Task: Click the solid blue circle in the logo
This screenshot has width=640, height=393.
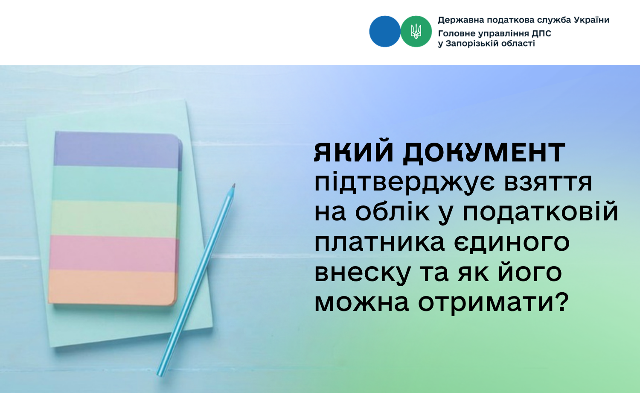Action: point(384,32)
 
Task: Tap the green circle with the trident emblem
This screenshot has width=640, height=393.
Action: point(416,32)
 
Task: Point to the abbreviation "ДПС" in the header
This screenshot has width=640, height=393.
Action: point(541,34)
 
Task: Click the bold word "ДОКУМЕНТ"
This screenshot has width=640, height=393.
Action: point(484,153)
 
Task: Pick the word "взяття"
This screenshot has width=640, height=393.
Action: point(548,183)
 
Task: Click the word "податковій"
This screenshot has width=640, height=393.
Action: point(540,213)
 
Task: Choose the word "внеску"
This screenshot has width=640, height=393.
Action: point(362,273)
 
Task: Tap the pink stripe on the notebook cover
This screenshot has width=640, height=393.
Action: point(113,253)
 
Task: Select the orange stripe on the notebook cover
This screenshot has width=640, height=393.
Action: point(112,287)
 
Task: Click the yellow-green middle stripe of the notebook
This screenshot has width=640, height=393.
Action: point(114,219)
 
